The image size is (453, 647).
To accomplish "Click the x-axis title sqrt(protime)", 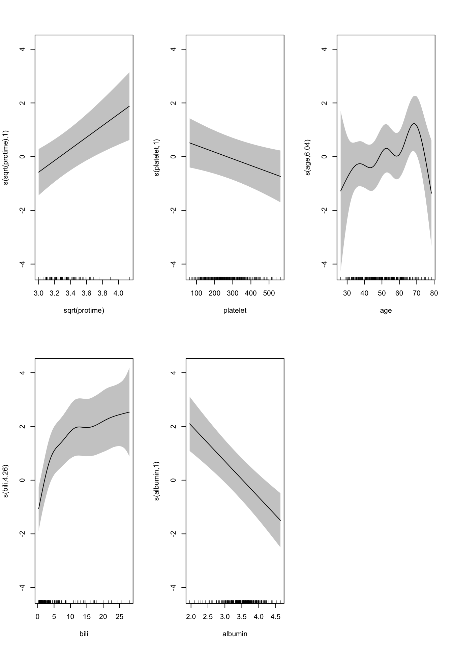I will pyautogui.click(x=84, y=310).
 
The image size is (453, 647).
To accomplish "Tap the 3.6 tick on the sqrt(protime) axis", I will pyautogui.click(x=86, y=293).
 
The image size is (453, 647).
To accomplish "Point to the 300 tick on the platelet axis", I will pyautogui.click(x=233, y=293).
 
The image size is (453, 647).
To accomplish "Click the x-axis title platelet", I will pyautogui.click(x=235, y=310).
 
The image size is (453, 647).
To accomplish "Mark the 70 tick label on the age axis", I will pyautogui.click(x=417, y=293).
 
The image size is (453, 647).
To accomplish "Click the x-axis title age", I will pyautogui.click(x=386, y=310).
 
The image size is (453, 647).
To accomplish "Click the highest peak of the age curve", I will pyautogui.click(x=414, y=124).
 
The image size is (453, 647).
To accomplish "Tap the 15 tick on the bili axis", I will pyautogui.click(x=87, y=616).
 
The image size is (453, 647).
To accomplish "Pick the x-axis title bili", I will pyautogui.click(x=84, y=634).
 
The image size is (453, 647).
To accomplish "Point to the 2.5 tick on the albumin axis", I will pyautogui.click(x=208, y=616).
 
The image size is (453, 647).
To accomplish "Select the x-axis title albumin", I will pyautogui.click(x=235, y=634).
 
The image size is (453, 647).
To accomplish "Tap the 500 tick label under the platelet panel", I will pyautogui.click(x=269, y=293).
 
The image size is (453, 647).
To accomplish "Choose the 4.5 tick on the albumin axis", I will pyautogui.click(x=275, y=616).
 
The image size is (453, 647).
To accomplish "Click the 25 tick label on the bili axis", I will pyautogui.click(x=119, y=616).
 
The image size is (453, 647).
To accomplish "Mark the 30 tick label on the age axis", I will pyautogui.click(x=347, y=293).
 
